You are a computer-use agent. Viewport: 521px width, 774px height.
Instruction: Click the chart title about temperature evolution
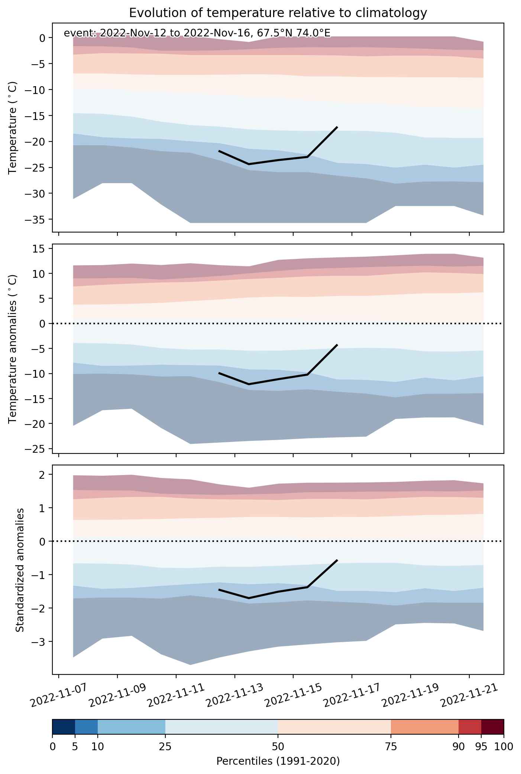click(x=278, y=13)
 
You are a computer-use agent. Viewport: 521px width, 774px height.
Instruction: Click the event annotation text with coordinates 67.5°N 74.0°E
click(x=197, y=33)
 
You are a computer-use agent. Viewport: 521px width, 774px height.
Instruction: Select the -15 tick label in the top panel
click(x=36, y=116)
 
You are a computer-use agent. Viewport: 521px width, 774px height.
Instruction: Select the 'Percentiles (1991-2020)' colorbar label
click(x=278, y=761)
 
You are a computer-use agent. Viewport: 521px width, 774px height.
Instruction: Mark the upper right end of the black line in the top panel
click(x=337, y=127)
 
